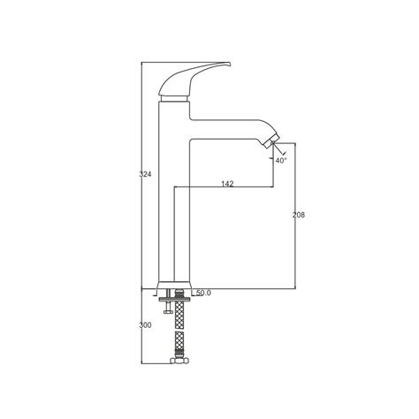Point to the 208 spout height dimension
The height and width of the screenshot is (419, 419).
(298, 216)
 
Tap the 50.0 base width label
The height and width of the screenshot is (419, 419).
(203, 293)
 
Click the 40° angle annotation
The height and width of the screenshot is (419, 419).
(281, 160)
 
